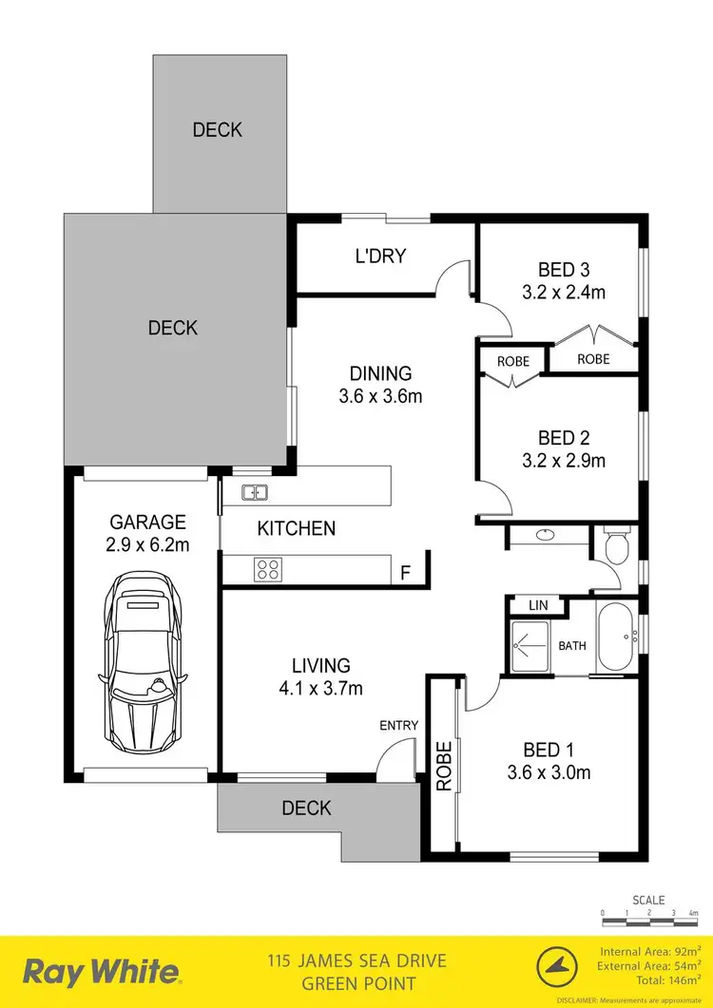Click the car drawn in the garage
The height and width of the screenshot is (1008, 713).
[x=143, y=661]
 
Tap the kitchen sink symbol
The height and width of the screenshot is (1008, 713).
[x=255, y=492]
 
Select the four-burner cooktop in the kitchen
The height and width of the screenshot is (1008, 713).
[x=267, y=570]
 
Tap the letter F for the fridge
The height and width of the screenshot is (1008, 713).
[x=405, y=573]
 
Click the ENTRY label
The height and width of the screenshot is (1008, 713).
[x=398, y=726]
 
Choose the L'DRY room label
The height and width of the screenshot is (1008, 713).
[x=380, y=256]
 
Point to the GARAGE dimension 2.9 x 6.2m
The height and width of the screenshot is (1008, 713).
[x=147, y=545]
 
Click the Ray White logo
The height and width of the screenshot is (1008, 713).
[x=101, y=972]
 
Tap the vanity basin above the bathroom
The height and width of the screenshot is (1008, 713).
[x=546, y=535]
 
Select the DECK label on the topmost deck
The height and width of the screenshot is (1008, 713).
[x=218, y=130]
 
